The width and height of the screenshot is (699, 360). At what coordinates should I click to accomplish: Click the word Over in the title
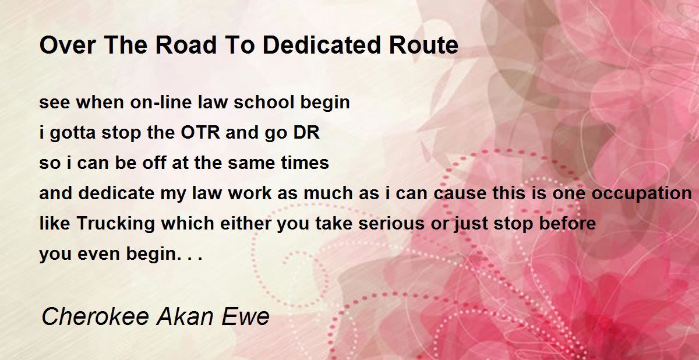pos(68,45)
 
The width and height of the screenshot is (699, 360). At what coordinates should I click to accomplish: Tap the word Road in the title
pos(186,45)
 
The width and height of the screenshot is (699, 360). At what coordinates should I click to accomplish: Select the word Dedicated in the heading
pos(322,45)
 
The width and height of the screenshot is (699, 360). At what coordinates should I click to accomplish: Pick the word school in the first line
pos(264,103)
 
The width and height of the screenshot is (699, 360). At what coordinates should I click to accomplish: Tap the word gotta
pos(73,133)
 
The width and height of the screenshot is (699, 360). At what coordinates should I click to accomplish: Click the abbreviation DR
pos(306,132)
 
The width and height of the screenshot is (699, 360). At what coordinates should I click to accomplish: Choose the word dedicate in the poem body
pos(116,193)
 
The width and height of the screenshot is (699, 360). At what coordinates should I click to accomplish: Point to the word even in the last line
pos(98,254)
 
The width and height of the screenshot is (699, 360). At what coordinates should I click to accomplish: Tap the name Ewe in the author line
pos(246,317)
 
